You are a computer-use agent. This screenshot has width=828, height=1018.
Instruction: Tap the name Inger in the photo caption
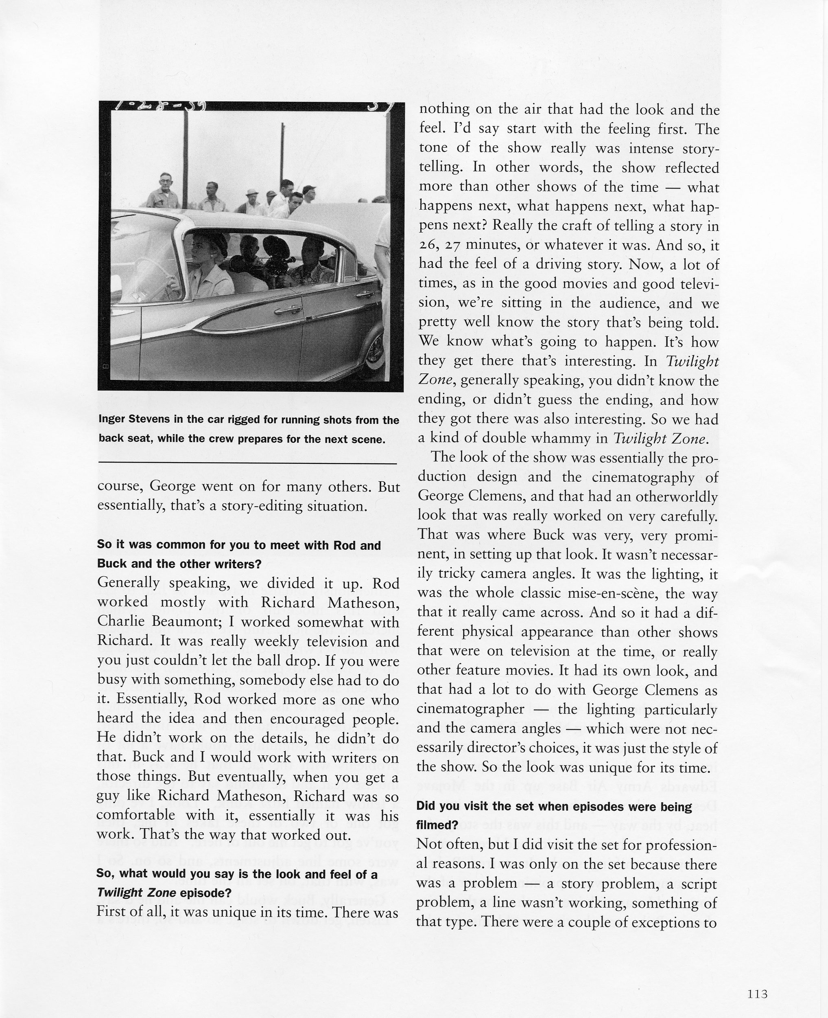(114, 420)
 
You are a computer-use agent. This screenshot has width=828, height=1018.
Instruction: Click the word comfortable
(136, 816)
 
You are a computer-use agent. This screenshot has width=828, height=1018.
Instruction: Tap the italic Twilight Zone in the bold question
(136, 893)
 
